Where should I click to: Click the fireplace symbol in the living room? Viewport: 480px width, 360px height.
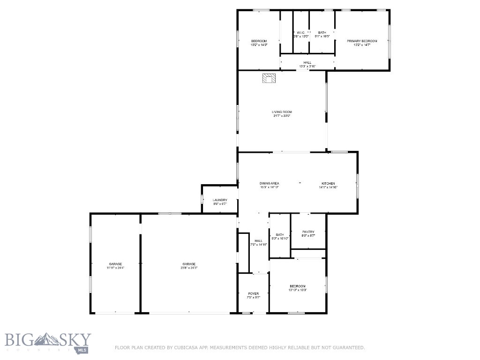(x=269, y=78)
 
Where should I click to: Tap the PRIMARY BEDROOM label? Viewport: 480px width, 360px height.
(x=362, y=41)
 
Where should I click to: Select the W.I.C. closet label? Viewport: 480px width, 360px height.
(x=301, y=32)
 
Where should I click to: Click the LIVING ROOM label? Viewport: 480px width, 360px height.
(x=282, y=112)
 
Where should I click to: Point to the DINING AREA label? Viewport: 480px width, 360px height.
(x=270, y=183)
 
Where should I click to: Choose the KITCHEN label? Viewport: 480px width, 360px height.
(x=328, y=183)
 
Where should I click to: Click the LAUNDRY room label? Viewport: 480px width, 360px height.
(x=220, y=200)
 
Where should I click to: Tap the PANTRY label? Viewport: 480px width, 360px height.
(x=308, y=232)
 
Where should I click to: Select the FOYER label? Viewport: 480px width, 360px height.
(x=253, y=294)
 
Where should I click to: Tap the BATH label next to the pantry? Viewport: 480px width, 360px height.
(x=280, y=235)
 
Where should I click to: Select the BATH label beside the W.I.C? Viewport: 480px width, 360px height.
(x=322, y=32)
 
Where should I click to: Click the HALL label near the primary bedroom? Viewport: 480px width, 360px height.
(x=307, y=62)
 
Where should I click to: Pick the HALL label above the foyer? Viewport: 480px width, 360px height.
(x=258, y=241)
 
